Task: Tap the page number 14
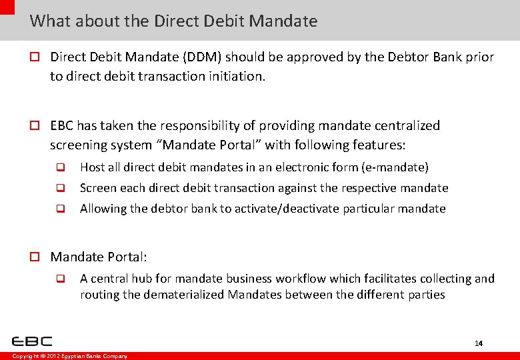pos(478,343)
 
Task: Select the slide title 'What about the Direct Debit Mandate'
pos(173,21)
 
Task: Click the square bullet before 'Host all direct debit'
pos(59,167)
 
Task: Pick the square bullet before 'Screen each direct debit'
pos(59,188)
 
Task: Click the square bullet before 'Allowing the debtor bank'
pos(59,209)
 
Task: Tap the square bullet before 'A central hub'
pos(59,279)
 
